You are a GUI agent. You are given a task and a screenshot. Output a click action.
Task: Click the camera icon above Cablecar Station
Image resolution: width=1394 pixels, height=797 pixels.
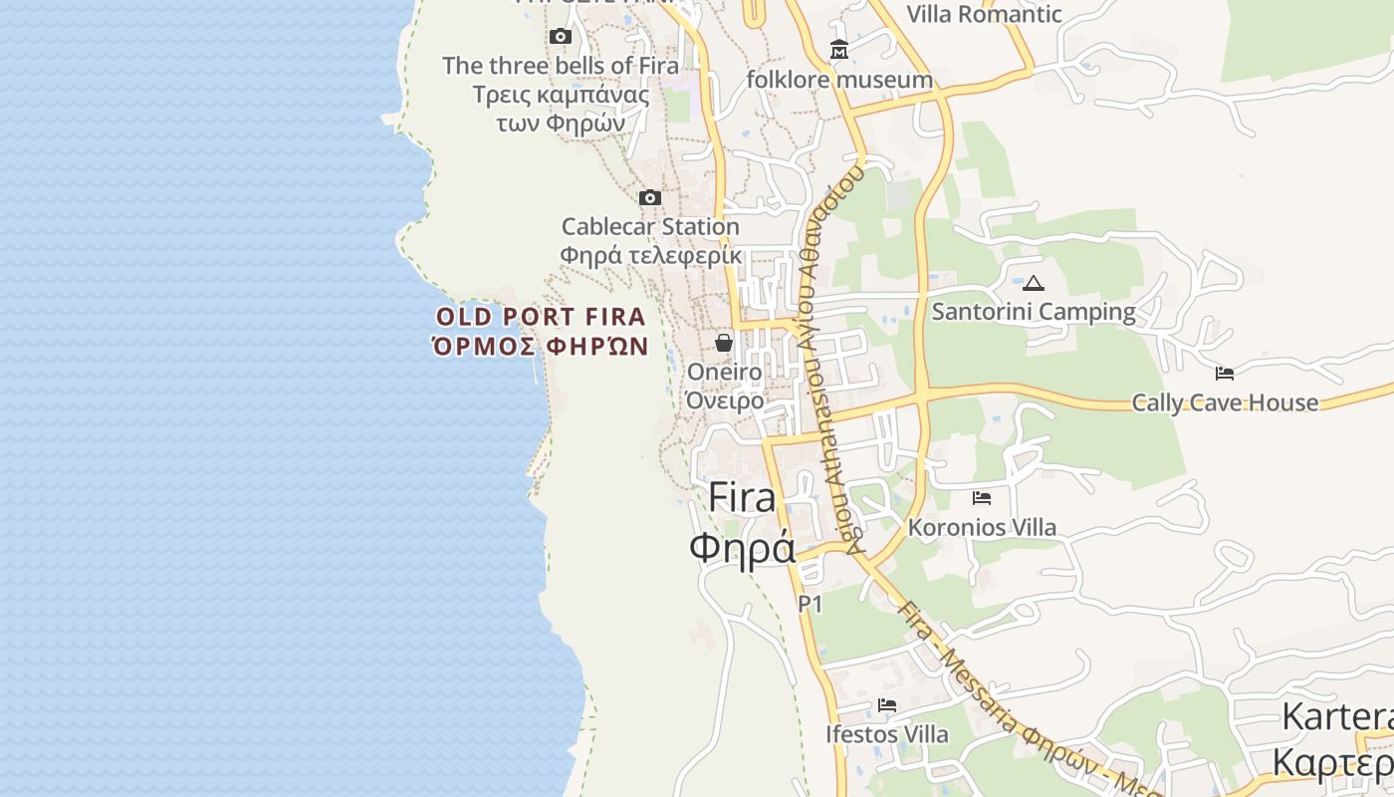pyautogui.click(x=650, y=197)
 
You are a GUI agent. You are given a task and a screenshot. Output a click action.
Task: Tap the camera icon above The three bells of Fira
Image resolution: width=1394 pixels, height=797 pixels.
pyautogui.click(x=561, y=37)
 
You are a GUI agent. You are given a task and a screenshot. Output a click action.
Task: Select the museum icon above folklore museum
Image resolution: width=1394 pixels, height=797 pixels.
pyautogui.click(x=839, y=50)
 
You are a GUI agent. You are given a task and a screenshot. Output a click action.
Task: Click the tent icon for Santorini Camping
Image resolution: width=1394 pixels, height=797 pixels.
pyautogui.click(x=1034, y=284)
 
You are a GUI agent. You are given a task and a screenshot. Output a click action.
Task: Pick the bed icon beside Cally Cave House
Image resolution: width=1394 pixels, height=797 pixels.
pyautogui.click(x=1225, y=374)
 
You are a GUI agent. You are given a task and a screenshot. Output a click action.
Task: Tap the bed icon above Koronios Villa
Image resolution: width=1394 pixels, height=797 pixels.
pyautogui.click(x=982, y=497)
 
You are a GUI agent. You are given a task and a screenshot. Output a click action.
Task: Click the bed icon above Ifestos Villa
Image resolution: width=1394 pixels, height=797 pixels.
pyautogui.click(x=887, y=705)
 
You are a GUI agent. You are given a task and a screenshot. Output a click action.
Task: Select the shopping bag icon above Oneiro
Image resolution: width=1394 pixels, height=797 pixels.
pyautogui.click(x=724, y=343)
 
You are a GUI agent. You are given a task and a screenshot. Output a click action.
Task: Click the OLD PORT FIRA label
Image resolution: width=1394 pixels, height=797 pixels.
pyautogui.click(x=542, y=317)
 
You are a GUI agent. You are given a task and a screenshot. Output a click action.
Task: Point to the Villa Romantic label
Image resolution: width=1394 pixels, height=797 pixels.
pyautogui.click(x=984, y=14)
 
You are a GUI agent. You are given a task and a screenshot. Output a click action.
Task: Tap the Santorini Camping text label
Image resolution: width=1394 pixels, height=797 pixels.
pyautogui.click(x=1034, y=312)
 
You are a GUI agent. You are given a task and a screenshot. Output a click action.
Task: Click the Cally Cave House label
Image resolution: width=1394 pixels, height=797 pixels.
pyautogui.click(x=1225, y=402)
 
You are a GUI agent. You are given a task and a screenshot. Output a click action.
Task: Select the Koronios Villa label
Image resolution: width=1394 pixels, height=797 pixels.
pyautogui.click(x=982, y=527)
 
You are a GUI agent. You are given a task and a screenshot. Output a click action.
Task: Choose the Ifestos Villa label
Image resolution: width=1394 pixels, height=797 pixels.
pyautogui.click(x=887, y=734)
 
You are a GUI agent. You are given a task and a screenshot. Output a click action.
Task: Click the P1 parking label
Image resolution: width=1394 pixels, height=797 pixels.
pyautogui.click(x=811, y=603)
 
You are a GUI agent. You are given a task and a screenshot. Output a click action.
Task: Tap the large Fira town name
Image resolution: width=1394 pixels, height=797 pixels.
pyautogui.click(x=742, y=498)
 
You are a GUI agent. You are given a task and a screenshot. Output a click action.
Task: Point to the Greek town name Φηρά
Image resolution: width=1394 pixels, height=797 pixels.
pyautogui.click(x=742, y=547)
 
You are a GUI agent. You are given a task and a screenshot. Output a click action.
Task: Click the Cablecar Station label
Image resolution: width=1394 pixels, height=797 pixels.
pyautogui.click(x=650, y=226)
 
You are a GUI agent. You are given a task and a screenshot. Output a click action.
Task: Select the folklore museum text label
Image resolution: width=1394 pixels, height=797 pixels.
pyautogui.click(x=839, y=79)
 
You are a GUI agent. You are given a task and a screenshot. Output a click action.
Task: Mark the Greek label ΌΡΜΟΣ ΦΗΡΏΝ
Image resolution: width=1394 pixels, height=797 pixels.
pyautogui.click(x=540, y=347)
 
